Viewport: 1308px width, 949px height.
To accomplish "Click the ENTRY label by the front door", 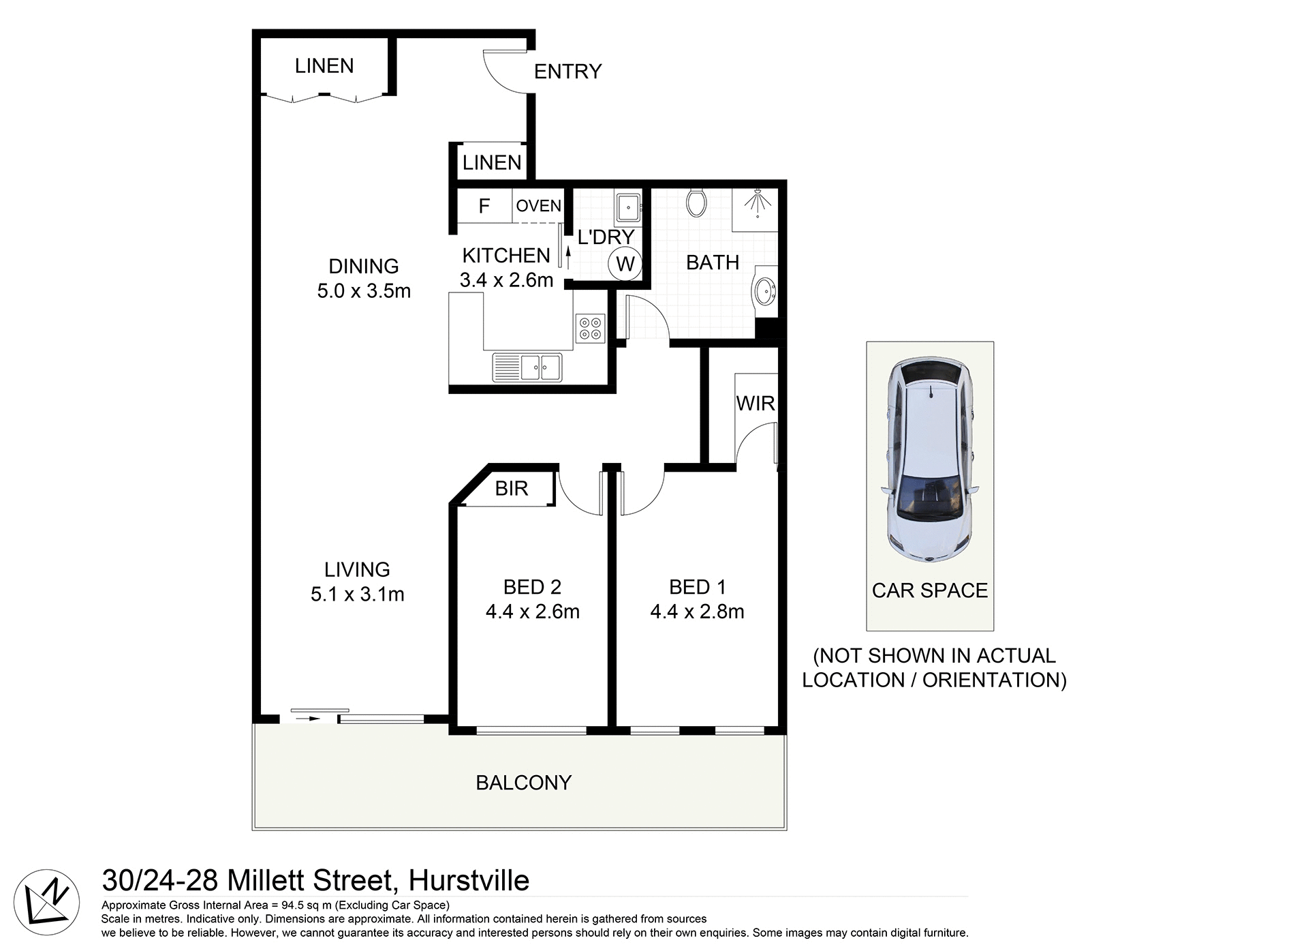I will pos(567,72).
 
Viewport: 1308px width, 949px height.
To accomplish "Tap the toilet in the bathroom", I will pos(696,202).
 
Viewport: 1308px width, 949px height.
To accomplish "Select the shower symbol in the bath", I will pos(756,203).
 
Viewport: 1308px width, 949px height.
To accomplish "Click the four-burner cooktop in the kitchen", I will pos(590,328).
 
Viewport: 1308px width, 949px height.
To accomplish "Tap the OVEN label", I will pos(538,206).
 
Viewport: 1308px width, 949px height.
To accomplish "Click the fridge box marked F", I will pos(484,206).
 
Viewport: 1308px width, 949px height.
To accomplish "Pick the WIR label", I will pos(755,404).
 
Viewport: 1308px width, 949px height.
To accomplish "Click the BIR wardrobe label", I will pos(511,489).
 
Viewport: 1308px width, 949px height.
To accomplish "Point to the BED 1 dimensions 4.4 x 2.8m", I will pos(697,612).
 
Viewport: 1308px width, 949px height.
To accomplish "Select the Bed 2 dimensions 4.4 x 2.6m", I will pos(532,612).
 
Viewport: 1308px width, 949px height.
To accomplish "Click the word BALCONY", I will pos(523,783).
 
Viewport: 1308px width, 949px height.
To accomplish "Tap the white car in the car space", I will pos(929,460).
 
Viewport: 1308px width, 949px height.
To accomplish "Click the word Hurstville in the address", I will pos(469,881).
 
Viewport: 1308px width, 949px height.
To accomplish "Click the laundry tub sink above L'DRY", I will pos(627,207).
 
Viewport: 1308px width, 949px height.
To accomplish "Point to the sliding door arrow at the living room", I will pos(304,719).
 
